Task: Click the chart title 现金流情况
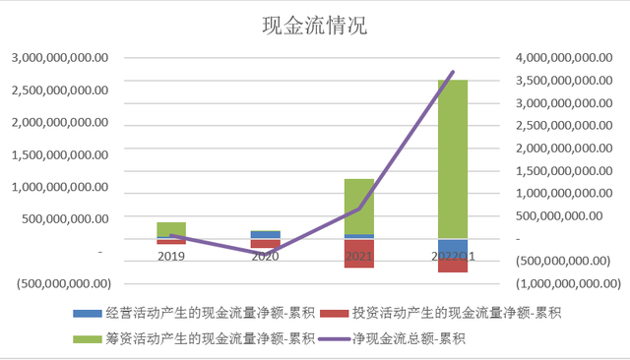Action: [314, 25]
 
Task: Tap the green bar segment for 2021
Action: [358, 207]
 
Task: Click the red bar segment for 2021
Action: [358, 254]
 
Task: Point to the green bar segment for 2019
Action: [171, 229]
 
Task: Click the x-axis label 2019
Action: [171, 256]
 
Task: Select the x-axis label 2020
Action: [265, 256]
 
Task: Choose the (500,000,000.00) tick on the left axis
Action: [61, 283]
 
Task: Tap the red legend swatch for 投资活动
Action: [327, 314]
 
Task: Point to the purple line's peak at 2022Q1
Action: [453, 72]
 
